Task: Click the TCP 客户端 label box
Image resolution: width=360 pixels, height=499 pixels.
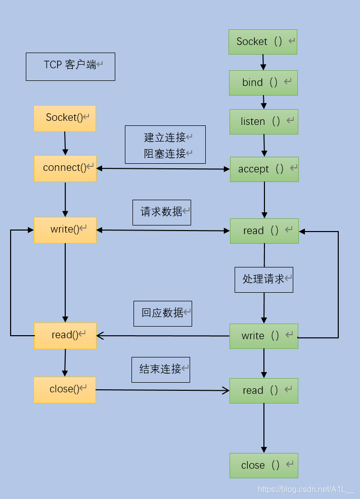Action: (x=70, y=66)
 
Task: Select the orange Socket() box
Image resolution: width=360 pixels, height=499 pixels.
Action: (x=65, y=118)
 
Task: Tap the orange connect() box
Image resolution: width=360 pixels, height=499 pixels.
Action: (x=65, y=168)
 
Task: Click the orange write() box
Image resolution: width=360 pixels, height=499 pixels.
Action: (x=65, y=230)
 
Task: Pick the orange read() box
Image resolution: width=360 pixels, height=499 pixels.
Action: (x=65, y=336)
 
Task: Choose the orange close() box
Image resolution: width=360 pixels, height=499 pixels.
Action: (x=65, y=390)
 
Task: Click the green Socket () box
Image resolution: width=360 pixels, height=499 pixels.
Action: (x=263, y=42)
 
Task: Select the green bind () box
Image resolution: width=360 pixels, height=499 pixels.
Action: (x=263, y=83)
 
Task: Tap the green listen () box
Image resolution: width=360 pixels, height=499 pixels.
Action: (x=264, y=122)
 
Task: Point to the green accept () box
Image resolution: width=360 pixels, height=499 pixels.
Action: (x=264, y=169)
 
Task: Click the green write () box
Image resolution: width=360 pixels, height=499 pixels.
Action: (x=264, y=336)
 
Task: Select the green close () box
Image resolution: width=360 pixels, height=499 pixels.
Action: (x=264, y=466)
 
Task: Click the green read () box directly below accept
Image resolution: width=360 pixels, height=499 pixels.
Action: (x=264, y=231)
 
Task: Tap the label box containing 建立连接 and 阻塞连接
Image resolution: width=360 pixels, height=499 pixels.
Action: (x=165, y=145)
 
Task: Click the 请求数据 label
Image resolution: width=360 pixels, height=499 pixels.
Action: (x=162, y=212)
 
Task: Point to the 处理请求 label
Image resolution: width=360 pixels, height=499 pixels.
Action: (x=264, y=280)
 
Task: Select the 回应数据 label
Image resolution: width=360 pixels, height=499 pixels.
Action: (x=163, y=313)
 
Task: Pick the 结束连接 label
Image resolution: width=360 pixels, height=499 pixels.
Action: (x=161, y=370)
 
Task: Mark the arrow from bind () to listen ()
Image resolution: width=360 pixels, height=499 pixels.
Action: (x=263, y=103)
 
